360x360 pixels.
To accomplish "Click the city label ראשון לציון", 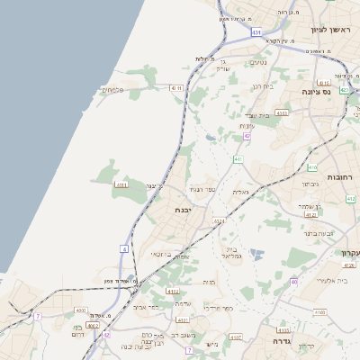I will point(328,30).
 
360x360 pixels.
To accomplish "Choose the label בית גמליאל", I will point(232,252).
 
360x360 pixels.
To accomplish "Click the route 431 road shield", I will point(257,32).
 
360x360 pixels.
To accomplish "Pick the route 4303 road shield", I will point(282,113).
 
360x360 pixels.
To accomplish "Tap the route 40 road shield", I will point(294,282).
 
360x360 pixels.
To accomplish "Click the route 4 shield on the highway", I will point(123,247).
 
